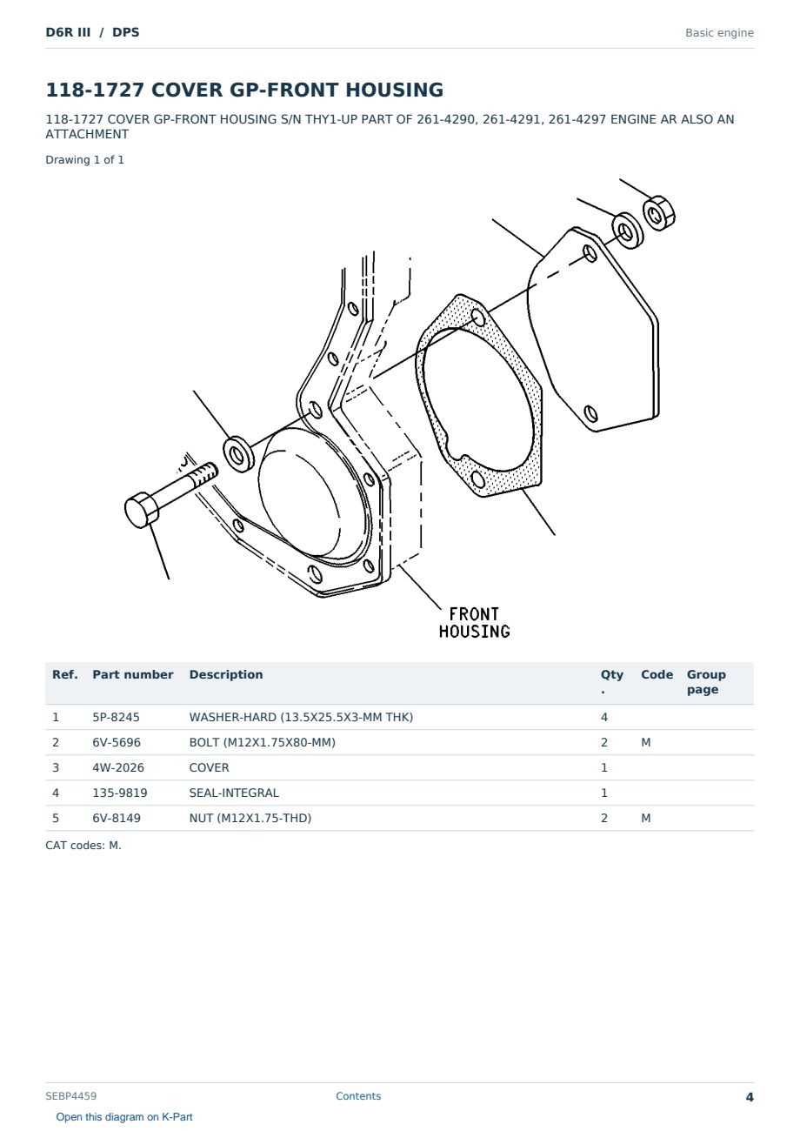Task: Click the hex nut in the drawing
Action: (658, 213)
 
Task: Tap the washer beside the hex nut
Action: (627, 231)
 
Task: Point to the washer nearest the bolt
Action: (239, 454)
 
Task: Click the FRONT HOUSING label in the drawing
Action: (474, 623)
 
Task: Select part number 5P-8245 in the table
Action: (116, 717)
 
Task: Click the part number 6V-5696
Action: (117, 742)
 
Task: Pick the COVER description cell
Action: (209, 767)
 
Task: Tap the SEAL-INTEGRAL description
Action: (234, 793)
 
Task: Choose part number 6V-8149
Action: (117, 818)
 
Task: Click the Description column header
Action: (225, 674)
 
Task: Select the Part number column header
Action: (133, 674)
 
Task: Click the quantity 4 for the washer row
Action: (604, 717)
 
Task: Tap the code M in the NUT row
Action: (645, 818)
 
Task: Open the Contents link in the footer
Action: (358, 1096)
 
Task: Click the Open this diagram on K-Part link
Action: (124, 1117)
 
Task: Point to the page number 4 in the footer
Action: (750, 1097)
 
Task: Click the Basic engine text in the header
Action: (719, 33)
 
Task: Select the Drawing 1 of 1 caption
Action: (84, 160)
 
